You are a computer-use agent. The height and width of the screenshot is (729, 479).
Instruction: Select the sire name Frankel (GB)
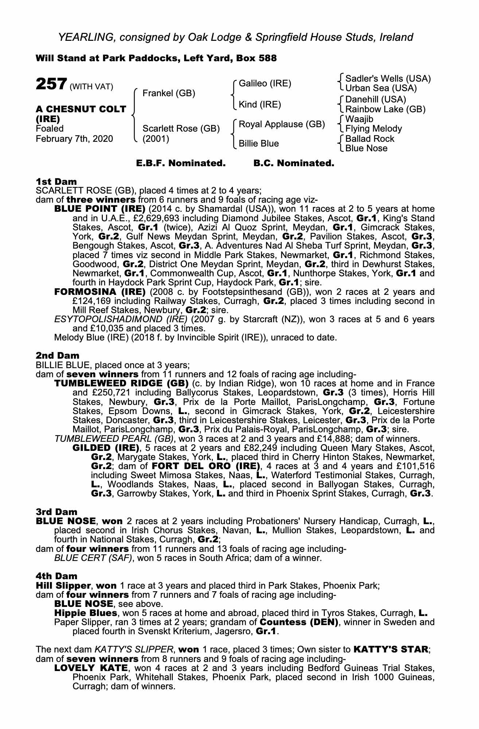[x=169, y=93]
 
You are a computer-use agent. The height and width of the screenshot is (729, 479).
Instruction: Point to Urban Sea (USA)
[x=381, y=88]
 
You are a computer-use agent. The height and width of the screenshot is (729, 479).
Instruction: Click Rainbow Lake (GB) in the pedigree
[x=385, y=109]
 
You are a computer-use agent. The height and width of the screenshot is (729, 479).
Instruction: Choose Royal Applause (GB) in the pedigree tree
[x=281, y=124]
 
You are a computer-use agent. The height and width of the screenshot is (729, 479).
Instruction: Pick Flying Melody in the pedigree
[x=374, y=129]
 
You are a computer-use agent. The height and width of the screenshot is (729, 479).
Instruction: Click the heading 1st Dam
[x=56, y=182]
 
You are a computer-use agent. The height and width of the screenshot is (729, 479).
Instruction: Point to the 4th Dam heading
[x=57, y=576]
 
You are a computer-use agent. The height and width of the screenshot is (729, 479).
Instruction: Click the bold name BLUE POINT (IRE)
[x=100, y=209]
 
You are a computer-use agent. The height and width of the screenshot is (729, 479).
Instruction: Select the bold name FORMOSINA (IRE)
[x=100, y=292]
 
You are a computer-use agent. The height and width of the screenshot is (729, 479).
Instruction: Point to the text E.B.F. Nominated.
[x=181, y=163]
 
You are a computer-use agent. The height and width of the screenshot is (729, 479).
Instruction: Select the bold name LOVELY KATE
[x=91, y=668]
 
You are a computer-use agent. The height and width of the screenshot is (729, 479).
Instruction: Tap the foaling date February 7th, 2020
[x=74, y=139]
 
